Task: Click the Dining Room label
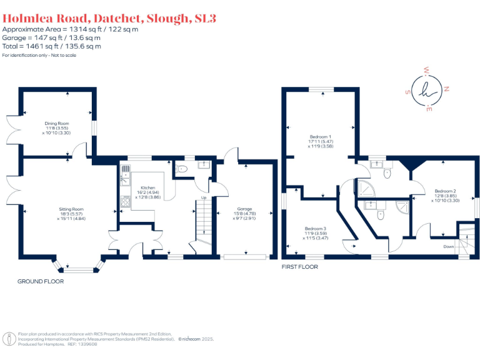pos(56,124)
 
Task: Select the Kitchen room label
pos(148,187)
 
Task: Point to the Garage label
pos(244,209)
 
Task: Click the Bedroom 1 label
pos(321,136)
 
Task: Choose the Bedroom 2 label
pos(446,191)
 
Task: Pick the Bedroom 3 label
pos(316,228)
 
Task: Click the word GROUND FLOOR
pos(41,281)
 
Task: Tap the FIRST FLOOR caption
pos(300,267)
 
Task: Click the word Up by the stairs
pos(203,198)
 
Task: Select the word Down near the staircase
pos(449,246)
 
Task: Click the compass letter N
pos(447,89)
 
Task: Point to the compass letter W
pos(426,69)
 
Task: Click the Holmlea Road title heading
pos(109,18)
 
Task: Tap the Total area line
pos(52,46)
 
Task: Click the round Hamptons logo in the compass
pos(427,89)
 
